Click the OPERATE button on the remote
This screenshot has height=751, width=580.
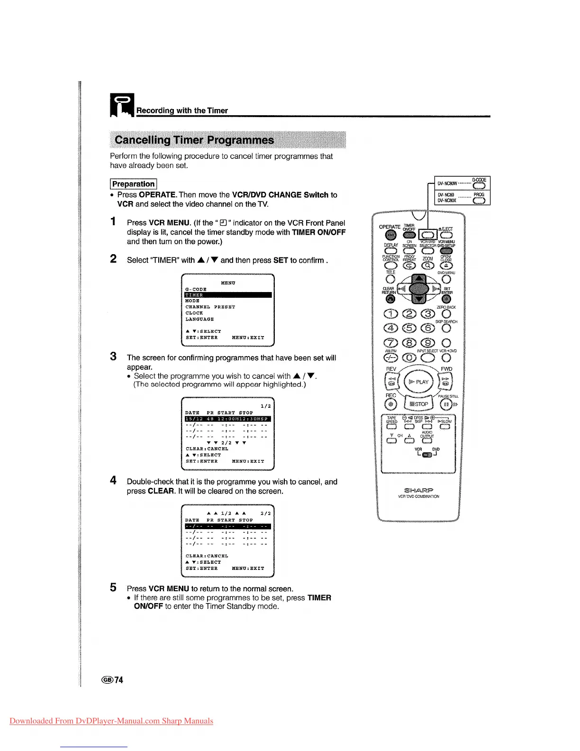pyautogui.click(x=390, y=235)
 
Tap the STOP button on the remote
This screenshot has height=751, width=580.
pyautogui.click(x=419, y=404)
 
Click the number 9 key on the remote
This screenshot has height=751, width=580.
pyautogui.click(x=428, y=343)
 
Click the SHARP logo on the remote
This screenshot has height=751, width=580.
pyautogui.click(x=418, y=490)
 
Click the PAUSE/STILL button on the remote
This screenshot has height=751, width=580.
pyautogui.click(x=445, y=404)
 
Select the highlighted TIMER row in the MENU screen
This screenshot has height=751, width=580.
pyautogui.click(x=228, y=295)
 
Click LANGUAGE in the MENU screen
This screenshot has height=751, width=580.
pyautogui.click(x=199, y=319)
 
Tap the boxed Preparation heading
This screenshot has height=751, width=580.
pyautogui.click(x=134, y=184)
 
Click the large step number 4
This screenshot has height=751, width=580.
pyautogui.click(x=113, y=481)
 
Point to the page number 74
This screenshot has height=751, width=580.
pyautogui.click(x=118, y=680)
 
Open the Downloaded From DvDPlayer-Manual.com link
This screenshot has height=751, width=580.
pyautogui.click(x=111, y=721)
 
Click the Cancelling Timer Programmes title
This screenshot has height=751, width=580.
pyautogui.click(x=194, y=140)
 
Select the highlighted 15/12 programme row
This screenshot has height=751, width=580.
pyautogui.click(x=228, y=419)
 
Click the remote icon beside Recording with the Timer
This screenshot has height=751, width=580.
pyautogui.click(x=122, y=105)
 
